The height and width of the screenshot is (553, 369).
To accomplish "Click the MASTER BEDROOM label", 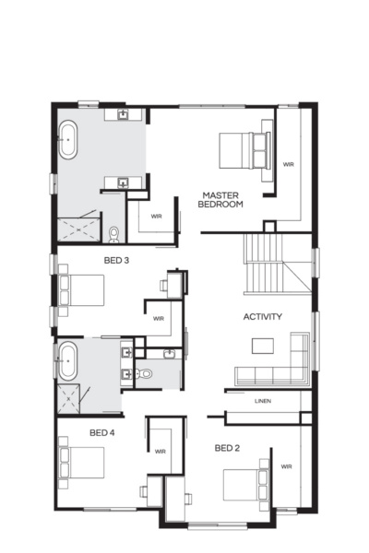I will pyautogui.click(x=220, y=199).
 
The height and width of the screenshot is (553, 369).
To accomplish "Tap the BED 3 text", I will pyautogui.click(x=116, y=260).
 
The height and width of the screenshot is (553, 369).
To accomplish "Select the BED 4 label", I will pyautogui.click(x=101, y=432).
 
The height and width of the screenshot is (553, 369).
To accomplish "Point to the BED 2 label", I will pyautogui.click(x=227, y=449).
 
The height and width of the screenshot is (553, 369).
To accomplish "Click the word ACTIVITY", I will pyautogui.click(x=262, y=317).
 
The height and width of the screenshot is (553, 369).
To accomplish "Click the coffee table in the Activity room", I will pyautogui.click(x=263, y=346).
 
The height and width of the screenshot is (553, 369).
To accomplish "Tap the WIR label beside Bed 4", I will pyautogui.click(x=160, y=452).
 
